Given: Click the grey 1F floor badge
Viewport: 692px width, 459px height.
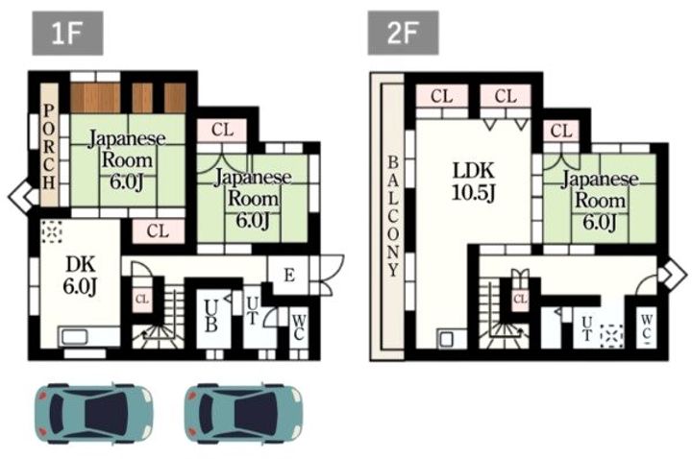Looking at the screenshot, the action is [x=67, y=34].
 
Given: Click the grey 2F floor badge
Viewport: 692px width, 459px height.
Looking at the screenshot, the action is [x=404, y=33].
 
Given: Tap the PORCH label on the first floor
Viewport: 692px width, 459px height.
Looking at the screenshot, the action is [x=49, y=147].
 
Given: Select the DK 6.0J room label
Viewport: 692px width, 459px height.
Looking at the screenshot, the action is [x=80, y=276].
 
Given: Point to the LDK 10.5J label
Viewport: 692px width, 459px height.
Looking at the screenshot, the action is [x=474, y=181].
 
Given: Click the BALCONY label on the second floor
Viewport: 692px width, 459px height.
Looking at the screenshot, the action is [x=393, y=216].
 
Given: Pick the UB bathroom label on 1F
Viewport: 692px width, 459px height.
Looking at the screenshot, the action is [x=210, y=315].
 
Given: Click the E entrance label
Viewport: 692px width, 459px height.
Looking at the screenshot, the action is [x=289, y=276].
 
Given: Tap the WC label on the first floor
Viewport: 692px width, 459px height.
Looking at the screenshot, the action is [x=299, y=327].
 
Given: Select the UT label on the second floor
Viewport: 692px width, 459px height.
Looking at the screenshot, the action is [x=586, y=329].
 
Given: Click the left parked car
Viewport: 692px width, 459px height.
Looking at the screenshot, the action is [x=93, y=413].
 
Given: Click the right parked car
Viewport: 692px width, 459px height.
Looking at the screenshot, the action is [x=243, y=413].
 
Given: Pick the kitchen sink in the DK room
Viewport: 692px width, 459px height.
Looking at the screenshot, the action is [x=74, y=337].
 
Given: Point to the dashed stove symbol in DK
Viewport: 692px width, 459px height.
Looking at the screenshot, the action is [x=52, y=232].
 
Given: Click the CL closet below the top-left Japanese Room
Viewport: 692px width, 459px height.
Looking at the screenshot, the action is [x=158, y=231].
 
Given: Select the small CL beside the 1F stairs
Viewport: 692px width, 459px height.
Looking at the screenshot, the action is [x=141, y=299].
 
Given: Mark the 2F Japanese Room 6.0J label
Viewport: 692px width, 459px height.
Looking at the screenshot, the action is [x=600, y=201].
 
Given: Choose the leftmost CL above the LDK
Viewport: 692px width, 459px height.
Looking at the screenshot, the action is [x=442, y=96].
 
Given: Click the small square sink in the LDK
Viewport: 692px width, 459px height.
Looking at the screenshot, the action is [x=447, y=339].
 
